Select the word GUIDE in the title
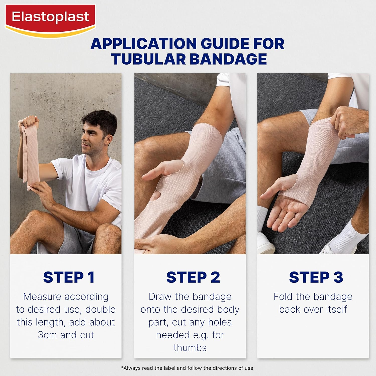(225, 44)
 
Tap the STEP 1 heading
(69, 277)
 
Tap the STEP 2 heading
(193, 277)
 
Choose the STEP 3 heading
(316, 277)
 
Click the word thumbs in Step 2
(190, 348)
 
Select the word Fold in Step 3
(283, 297)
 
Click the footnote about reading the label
(188, 368)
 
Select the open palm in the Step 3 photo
(288, 211)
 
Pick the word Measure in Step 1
(39, 297)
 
